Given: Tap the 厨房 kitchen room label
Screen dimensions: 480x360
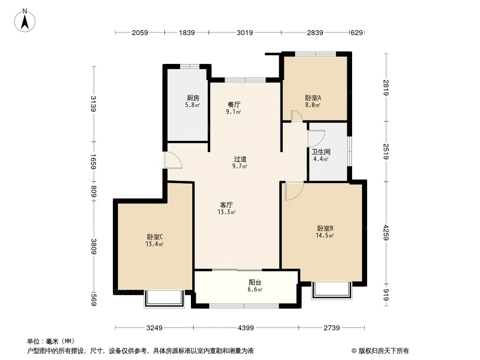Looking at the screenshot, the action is pyautogui.click(x=193, y=98).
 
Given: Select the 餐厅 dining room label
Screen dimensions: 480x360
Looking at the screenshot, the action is pyautogui.click(x=234, y=104).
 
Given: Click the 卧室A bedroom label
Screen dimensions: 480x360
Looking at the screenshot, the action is pyautogui.click(x=313, y=98).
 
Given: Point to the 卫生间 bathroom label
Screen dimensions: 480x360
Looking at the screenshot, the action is pyautogui.click(x=321, y=152).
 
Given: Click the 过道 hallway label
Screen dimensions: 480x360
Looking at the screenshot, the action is pyautogui.click(x=240, y=159).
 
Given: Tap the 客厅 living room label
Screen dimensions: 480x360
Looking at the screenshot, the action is pyautogui.click(x=226, y=205).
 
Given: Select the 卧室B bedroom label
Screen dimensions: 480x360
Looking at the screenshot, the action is pyautogui.click(x=325, y=228).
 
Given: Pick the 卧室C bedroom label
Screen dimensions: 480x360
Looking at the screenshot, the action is pyautogui.click(x=154, y=237).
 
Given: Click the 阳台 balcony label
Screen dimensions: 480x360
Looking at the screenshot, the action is pyautogui.click(x=255, y=282).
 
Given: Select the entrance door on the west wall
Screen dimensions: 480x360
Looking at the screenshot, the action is pyautogui.click(x=173, y=160).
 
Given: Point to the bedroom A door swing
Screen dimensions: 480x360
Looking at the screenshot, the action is pyautogui.click(x=297, y=116).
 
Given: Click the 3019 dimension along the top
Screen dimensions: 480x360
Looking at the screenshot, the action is pyautogui.click(x=245, y=32).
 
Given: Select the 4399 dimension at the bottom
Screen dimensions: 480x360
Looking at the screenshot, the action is pyautogui.click(x=246, y=328).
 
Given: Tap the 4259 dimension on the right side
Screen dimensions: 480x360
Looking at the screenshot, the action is pyautogui.click(x=386, y=233).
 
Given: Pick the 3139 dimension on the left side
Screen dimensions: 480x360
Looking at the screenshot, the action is pyautogui.click(x=94, y=104).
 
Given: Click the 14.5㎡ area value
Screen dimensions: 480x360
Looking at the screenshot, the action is pyautogui.click(x=325, y=235).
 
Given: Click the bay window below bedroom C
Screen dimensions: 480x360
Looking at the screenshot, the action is pyautogui.click(x=164, y=298).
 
